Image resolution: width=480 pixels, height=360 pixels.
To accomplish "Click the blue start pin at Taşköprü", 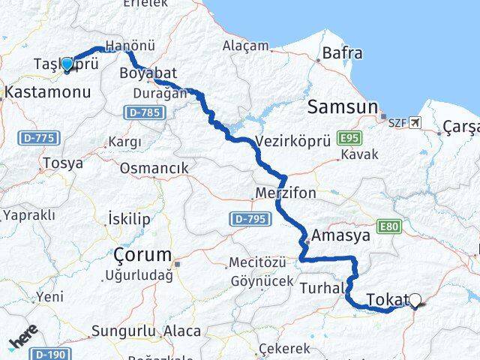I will [67, 65].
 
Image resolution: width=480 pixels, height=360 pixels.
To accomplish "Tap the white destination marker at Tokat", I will [416, 301].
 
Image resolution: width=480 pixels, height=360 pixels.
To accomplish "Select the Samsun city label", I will [342, 108].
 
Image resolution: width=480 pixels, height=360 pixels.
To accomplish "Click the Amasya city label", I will [341, 235].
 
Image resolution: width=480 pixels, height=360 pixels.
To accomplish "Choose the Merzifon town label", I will [286, 193].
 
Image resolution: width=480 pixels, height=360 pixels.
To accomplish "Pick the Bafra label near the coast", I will [342, 53].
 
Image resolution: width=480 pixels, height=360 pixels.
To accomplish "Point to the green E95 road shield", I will [349, 139].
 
